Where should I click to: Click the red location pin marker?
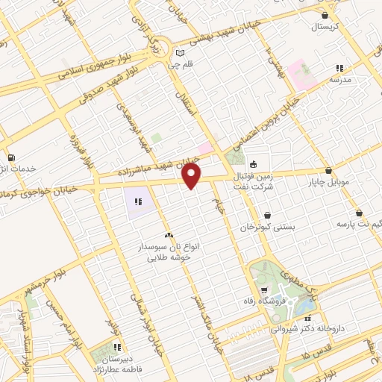click(192, 175)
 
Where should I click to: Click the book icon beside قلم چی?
click(180, 52)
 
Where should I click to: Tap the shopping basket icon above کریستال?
click(325, 15)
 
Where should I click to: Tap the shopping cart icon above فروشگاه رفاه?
click(264, 289)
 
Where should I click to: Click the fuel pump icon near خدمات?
click(10, 157)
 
